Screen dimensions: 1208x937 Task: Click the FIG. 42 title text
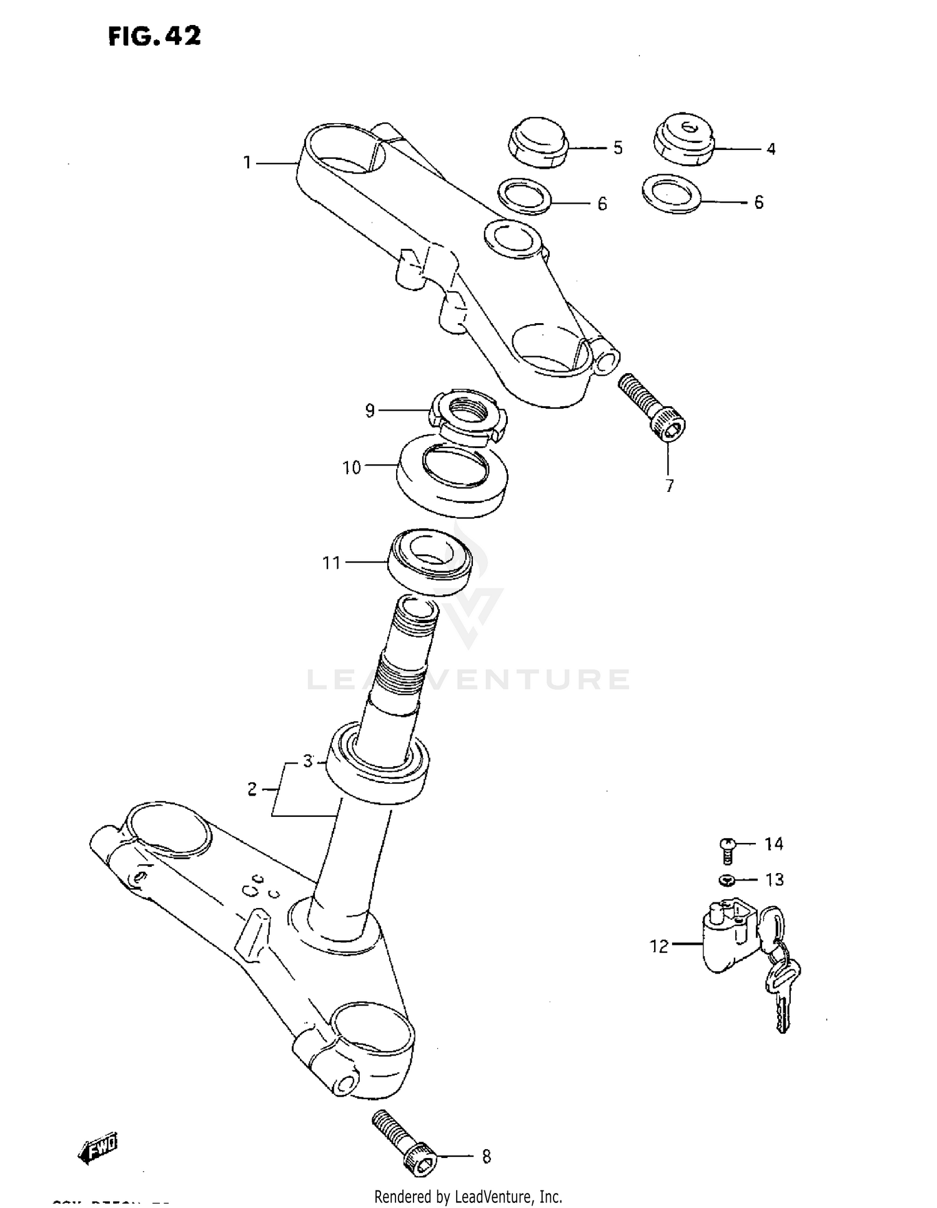tap(154, 37)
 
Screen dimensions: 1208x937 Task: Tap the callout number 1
tap(247, 163)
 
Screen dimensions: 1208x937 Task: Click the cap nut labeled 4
tap(684, 140)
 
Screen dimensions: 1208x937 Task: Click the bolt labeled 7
tap(652, 406)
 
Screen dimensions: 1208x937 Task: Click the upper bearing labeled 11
tap(430, 561)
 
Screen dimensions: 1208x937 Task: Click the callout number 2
tap(252, 789)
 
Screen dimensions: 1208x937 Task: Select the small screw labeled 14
tap(726, 849)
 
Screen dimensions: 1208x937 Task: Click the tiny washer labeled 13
tap(726, 881)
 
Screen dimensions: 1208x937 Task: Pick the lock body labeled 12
tap(728, 937)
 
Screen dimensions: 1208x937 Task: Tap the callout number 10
tap(352, 467)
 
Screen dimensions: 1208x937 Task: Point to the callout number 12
tap(659, 947)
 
